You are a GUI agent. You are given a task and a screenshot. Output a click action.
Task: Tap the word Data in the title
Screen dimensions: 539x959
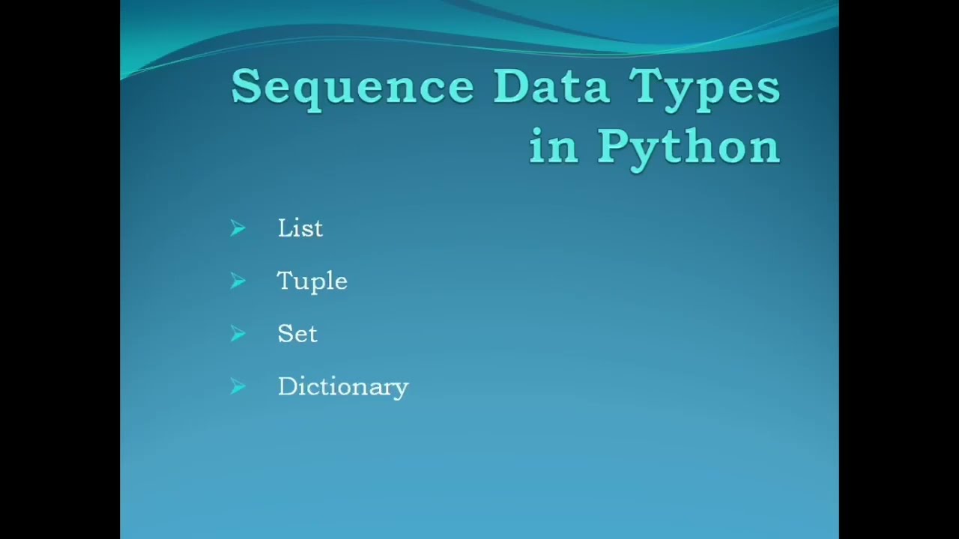click(551, 87)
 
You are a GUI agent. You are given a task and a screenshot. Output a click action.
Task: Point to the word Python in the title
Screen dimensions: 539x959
click(689, 147)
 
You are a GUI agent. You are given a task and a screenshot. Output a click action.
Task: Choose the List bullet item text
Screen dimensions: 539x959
click(300, 228)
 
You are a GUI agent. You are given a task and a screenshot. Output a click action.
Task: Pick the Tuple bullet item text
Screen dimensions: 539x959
click(312, 281)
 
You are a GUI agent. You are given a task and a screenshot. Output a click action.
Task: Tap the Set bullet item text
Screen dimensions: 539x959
click(297, 334)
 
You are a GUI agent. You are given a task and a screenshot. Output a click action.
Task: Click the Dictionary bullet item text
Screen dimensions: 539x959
click(342, 387)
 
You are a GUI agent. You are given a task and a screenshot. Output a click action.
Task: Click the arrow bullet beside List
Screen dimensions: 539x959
click(238, 228)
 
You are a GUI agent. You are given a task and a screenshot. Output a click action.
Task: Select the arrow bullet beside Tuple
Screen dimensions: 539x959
click(238, 281)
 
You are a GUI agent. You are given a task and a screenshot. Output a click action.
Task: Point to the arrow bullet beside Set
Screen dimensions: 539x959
click(238, 334)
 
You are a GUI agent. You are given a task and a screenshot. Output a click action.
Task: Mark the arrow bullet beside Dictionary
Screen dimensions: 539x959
click(238, 386)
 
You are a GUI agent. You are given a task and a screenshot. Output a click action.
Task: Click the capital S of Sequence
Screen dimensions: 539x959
click(246, 87)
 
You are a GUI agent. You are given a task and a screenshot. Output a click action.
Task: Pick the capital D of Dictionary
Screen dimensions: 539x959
click(288, 386)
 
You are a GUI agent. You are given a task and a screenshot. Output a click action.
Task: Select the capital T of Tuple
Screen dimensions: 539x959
click(285, 281)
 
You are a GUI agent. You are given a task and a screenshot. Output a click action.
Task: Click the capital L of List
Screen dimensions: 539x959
click(285, 228)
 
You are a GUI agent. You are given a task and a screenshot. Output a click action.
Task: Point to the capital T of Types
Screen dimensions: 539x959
click(646, 86)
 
